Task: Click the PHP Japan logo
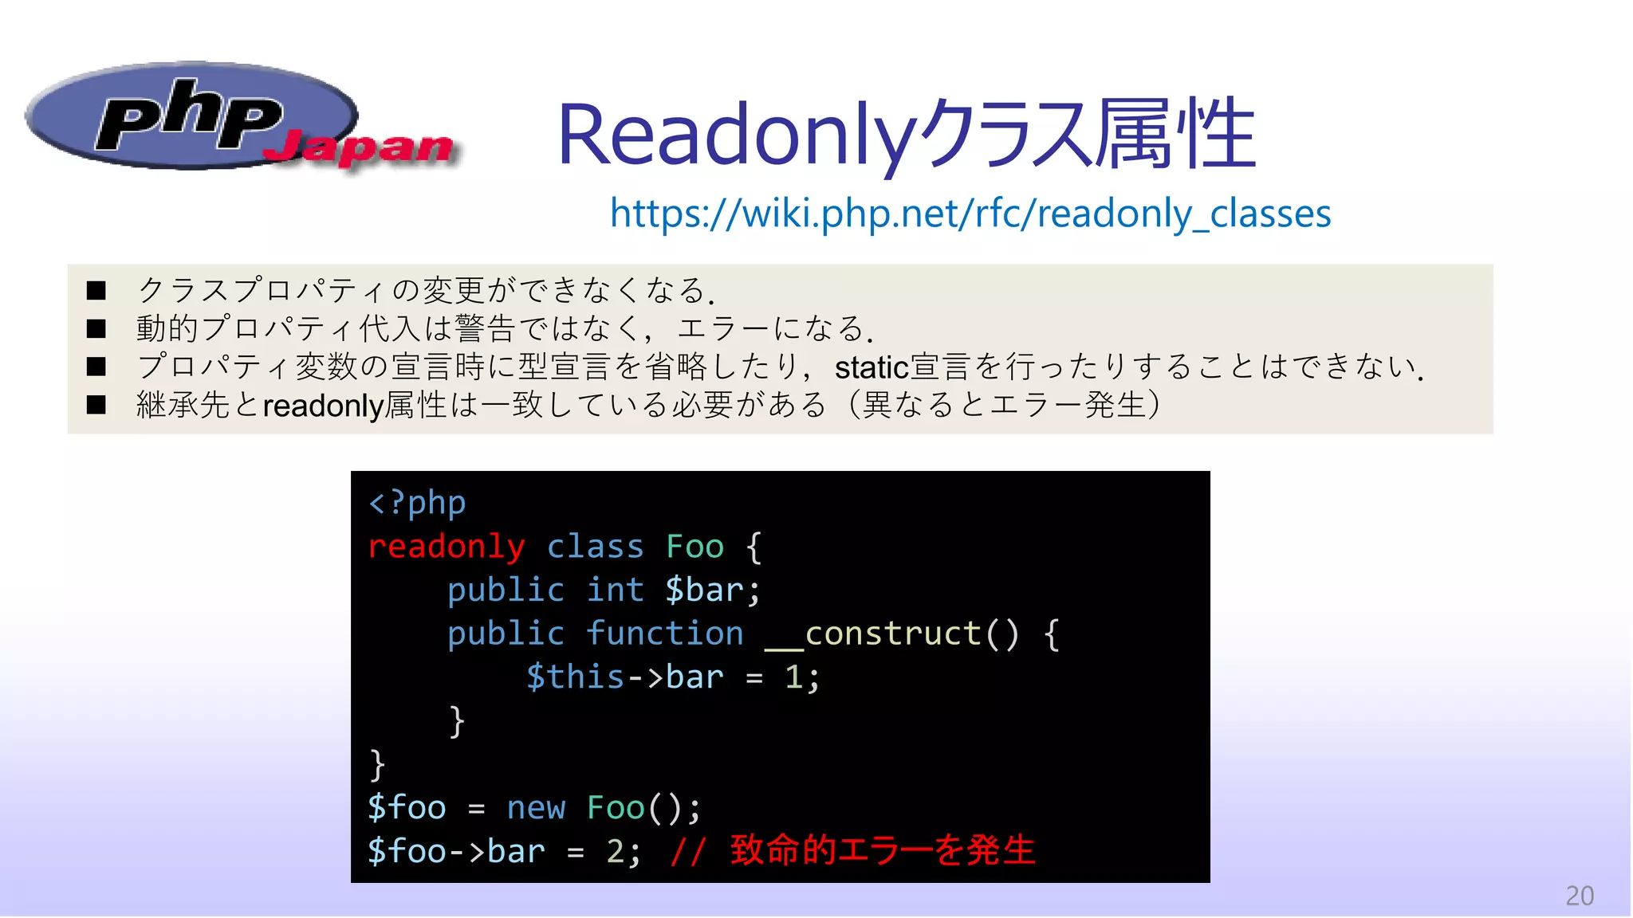tap(239, 118)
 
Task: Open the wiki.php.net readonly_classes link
tap(970, 214)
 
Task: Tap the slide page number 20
tap(1579, 896)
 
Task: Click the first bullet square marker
tap(96, 290)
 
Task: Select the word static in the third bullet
tap(872, 368)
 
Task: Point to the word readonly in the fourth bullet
tap(324, 406)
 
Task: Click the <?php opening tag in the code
tap(417, 504)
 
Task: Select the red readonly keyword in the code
tap(447, 547)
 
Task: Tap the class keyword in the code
tap(595, 547)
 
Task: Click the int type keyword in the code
tap(615, 590)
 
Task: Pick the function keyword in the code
tap(664, 634)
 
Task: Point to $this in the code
tap(575, 677)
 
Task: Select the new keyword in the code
tap(536, 808)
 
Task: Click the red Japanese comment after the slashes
tap(882, 850)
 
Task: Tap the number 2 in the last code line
tap(616, 851)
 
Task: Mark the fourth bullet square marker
tap(96, 405)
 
